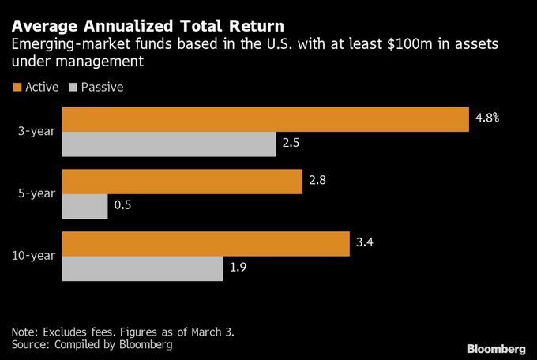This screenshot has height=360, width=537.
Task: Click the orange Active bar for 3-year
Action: click(x=265, y=119)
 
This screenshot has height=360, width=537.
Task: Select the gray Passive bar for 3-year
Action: click(x=169, y=144)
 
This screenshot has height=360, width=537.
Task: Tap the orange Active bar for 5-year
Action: click(x=182, y=182)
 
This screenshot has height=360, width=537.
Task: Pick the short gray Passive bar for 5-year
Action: click(x=85, y=206)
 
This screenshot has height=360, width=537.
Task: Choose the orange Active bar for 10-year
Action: click(x=205, y=244)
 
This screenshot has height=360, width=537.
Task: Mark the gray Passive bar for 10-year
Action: click(x=142, y=268)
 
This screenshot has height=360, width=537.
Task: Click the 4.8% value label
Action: click(x=487, y=118)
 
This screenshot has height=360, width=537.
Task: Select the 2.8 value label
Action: click(x=318, y=181)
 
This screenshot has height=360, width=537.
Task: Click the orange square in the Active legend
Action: click(x=16, y=87)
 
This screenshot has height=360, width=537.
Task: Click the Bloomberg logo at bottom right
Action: click(x=496, y=348)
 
